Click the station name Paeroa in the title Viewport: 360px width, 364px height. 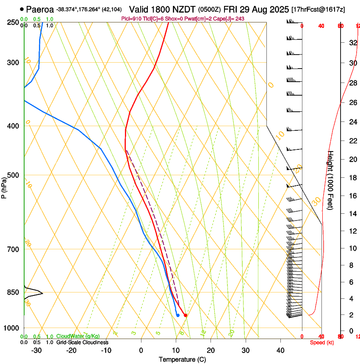(x=40, y=9)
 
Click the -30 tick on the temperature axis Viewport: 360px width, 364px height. (x=36, y=350)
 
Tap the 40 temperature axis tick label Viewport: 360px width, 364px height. (x=280, y=350)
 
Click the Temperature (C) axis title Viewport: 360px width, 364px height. (x=182, y=359)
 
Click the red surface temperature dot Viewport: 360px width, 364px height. (x=186, y=315)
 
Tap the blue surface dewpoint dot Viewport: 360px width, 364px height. (x=178, y=315)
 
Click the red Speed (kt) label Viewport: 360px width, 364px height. (x=322, y=342)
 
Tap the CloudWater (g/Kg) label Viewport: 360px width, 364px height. (x=78, y=336)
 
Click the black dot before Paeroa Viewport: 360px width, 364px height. (x=22, y=9)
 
